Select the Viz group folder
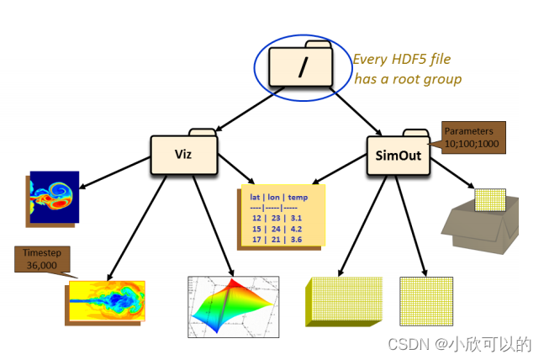184,154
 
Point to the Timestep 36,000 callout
43,258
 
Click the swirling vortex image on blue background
54,197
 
